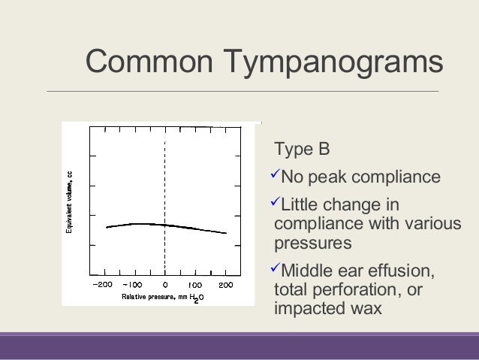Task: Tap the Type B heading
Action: pyautogui.click(x=303, y=149)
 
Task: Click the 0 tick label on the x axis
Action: pyautogui.click(x=164, y=286)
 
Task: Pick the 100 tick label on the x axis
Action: pyautogui.click(x=194, y=286)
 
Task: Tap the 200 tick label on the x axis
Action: pyautogui.click(x=225, y=286)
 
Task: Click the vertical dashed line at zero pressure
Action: pyautogui.click(x=164, y=180)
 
